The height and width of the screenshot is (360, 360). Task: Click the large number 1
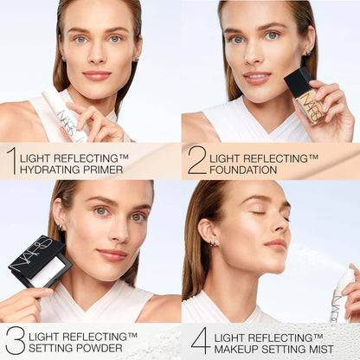pyautogui.click(x=11, y=161)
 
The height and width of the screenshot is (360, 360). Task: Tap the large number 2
pyautogui.click(x=196, y=161)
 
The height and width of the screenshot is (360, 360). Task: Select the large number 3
pyautogui.click(x=14, y=341)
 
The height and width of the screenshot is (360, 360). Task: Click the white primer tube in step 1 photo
pyautogui.click(x=65, y=115)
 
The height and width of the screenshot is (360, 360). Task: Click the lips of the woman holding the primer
pyautogui.click(x=96, y=75)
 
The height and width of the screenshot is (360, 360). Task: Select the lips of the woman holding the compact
pyautogui.click(x=112, y=254)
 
